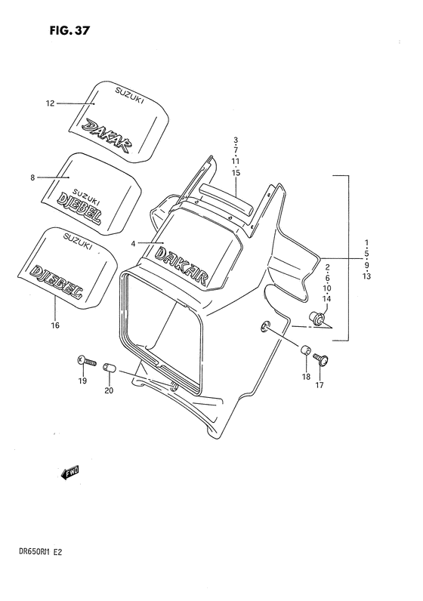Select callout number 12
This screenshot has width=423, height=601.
pyautogui.click(x=51, y=103)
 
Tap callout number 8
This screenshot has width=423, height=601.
pyautogui.click(x=33, y=178)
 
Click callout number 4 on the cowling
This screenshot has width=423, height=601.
pyautogui.click(x=133, y=243)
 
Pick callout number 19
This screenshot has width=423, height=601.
pyautogui.click(x=82, y=381)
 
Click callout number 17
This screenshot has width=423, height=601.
pyautogui.click(x=320, y=385)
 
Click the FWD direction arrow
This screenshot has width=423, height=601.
pyautogui.click(x=70, y=473)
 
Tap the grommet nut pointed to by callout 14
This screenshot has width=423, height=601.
pyautogui.click(x=320, y=321)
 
